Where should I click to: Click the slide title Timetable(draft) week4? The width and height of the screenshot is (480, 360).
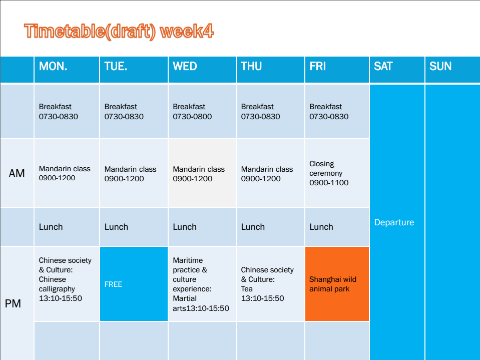(x=119, y=32)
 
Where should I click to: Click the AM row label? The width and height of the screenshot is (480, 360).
(x=17, y=174)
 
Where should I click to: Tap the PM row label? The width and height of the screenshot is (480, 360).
(x=13, y=304)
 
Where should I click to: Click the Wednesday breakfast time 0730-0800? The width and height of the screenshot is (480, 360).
(x=192, y=117)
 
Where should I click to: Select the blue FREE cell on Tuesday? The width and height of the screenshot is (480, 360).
(x=134, y=284)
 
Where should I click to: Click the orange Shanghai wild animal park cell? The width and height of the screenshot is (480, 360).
(x=337, y=284)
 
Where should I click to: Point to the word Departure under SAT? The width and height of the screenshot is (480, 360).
(x=394, y=222)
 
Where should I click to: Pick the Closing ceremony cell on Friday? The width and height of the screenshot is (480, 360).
(x=337, y=173)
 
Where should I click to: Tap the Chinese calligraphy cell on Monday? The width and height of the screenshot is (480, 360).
(x=67, y=284)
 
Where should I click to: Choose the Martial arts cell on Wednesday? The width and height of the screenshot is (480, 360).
(x=202, y=284)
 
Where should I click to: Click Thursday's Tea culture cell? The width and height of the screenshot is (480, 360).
(x=270, y=284)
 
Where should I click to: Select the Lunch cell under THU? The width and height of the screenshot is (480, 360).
(x=270, y=227)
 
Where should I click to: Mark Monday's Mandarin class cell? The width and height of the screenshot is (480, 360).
(x=67, y=173)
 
